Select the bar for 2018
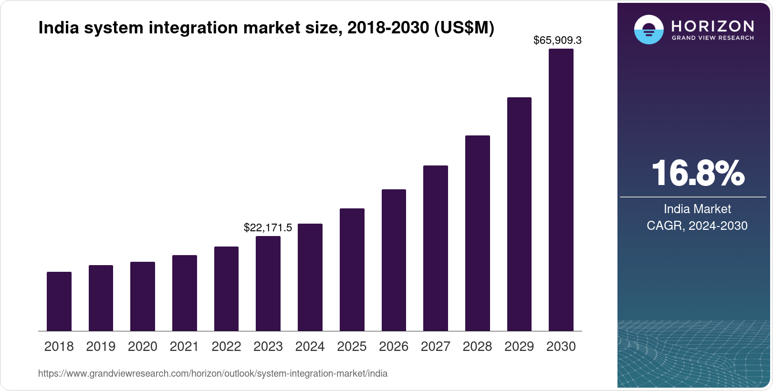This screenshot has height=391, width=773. [x=59, y=301]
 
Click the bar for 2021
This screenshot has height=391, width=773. [x=185, y=293]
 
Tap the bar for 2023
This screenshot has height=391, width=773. [x=268, y=284]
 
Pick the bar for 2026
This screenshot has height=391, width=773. [x=394, y=260]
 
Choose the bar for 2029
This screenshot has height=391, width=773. [x=519, y=214]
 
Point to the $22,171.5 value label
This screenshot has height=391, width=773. [x=268, y=227]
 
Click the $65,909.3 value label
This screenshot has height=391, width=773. [x=557, y=40]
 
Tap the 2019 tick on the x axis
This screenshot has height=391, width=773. [x=101, y=346]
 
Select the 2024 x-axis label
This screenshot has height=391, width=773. [x=310, y=346]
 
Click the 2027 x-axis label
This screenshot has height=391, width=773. [x=435, y=346]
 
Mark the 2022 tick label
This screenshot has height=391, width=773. [x=226, y=346]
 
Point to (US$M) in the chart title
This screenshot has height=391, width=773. [x=464, y=28]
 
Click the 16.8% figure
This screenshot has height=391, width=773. [x=697, y=173]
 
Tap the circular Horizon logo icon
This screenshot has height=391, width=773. [x=648, y=30]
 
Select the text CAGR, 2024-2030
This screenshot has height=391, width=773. [x=697, y=226]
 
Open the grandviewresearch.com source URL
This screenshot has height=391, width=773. [x=213, y=373]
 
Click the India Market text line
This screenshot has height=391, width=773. [x=697, y=209]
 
